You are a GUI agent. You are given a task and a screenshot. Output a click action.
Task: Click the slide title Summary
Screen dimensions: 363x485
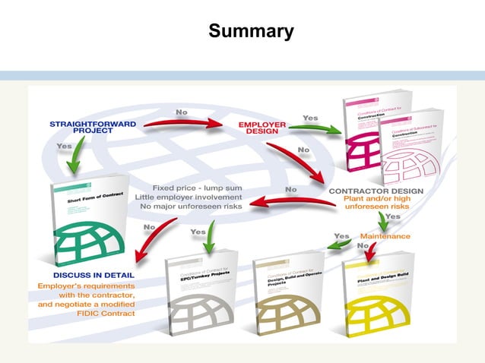(x=251, y=31)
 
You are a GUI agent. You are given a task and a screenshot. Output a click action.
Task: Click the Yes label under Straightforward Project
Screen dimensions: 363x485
(x=65, y=145)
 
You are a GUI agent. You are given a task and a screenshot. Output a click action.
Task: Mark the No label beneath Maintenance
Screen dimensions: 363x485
(x=363, y=246)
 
